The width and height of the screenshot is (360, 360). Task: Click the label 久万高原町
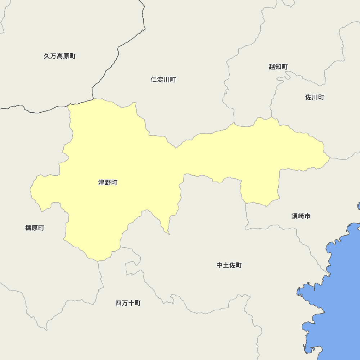click(60, 56)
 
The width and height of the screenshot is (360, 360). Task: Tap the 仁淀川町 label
click(163, 80)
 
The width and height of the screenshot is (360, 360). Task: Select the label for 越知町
click(278, 67)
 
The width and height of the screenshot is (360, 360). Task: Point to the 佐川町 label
click(315, 97)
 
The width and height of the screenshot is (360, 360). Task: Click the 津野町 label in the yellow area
click(108, 183)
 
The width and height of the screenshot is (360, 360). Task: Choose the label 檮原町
click(35, 228)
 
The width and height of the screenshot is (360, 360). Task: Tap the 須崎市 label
click(301, 216)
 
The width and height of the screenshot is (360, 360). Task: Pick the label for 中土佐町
click(229, 265)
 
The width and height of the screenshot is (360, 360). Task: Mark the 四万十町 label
click(128, 303)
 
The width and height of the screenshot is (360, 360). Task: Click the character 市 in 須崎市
click(307, 216)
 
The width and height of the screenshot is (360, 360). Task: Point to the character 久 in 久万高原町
click(47, 56)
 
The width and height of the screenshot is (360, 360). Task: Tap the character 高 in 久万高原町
click(60, 56)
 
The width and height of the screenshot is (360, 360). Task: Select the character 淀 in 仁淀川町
click(160, 80)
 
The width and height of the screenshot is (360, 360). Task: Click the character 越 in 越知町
click(272, 67)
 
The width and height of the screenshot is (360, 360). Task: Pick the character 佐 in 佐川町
click(309, 97)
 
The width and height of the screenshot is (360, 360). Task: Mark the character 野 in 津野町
click(108, 183)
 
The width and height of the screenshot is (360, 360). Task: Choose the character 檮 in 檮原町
click(28, 228)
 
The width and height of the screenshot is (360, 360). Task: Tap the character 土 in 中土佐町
click(226, 265)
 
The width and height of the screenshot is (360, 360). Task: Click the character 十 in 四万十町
click(131, 303)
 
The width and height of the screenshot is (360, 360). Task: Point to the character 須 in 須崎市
click(294, 216)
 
